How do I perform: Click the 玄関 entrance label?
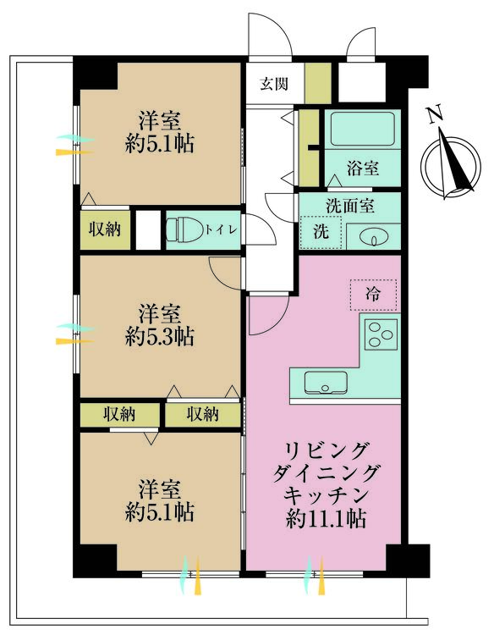tap(273, 84)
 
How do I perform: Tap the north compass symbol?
tap(453, 165)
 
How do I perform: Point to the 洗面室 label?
tap(350, 205)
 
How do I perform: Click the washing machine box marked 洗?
tap(320, 232)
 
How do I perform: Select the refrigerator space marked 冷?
tap(373, 295)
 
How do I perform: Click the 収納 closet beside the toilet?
tap(106, 229)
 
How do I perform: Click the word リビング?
tap(327, 449)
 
